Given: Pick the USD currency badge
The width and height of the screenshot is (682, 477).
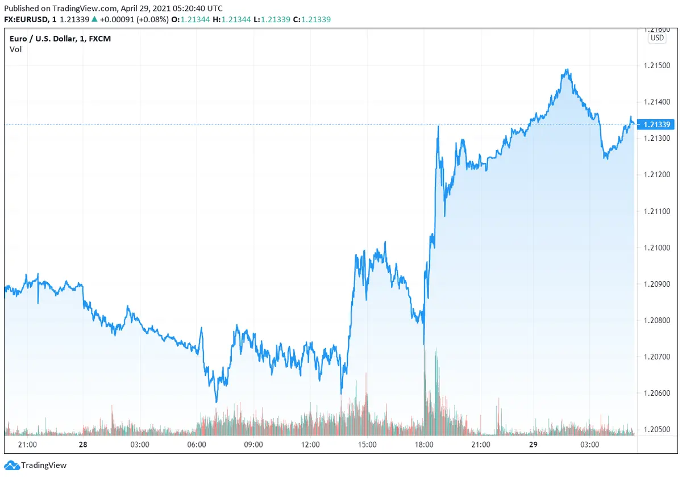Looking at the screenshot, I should coord(657,38).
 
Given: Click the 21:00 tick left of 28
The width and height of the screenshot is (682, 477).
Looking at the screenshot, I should coord(27,445).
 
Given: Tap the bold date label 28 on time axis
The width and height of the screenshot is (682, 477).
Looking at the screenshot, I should coord(83,445).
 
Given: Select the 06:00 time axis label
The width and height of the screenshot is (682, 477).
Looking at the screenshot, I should coord(197,445).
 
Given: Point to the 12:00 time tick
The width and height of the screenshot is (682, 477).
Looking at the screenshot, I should coord(310,445).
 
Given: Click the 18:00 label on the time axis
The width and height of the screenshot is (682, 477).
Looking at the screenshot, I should coord(425,445).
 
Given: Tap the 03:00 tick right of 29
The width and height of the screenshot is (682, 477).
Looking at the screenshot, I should coord(590,445).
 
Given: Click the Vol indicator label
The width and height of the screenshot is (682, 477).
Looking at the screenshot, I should coord(15,49).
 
